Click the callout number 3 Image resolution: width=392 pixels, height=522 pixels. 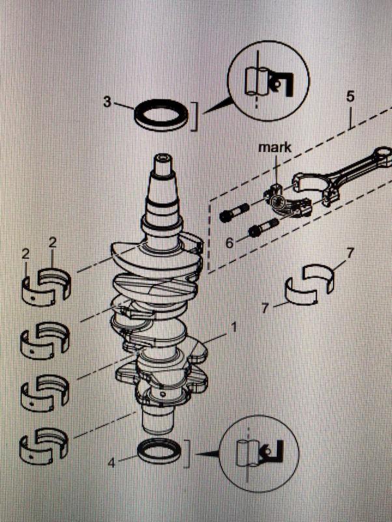(107, 102)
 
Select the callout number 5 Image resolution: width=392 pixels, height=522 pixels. (350, 97)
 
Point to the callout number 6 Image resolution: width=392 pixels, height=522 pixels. (229, 242)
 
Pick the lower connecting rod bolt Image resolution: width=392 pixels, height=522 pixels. (262, 230)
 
